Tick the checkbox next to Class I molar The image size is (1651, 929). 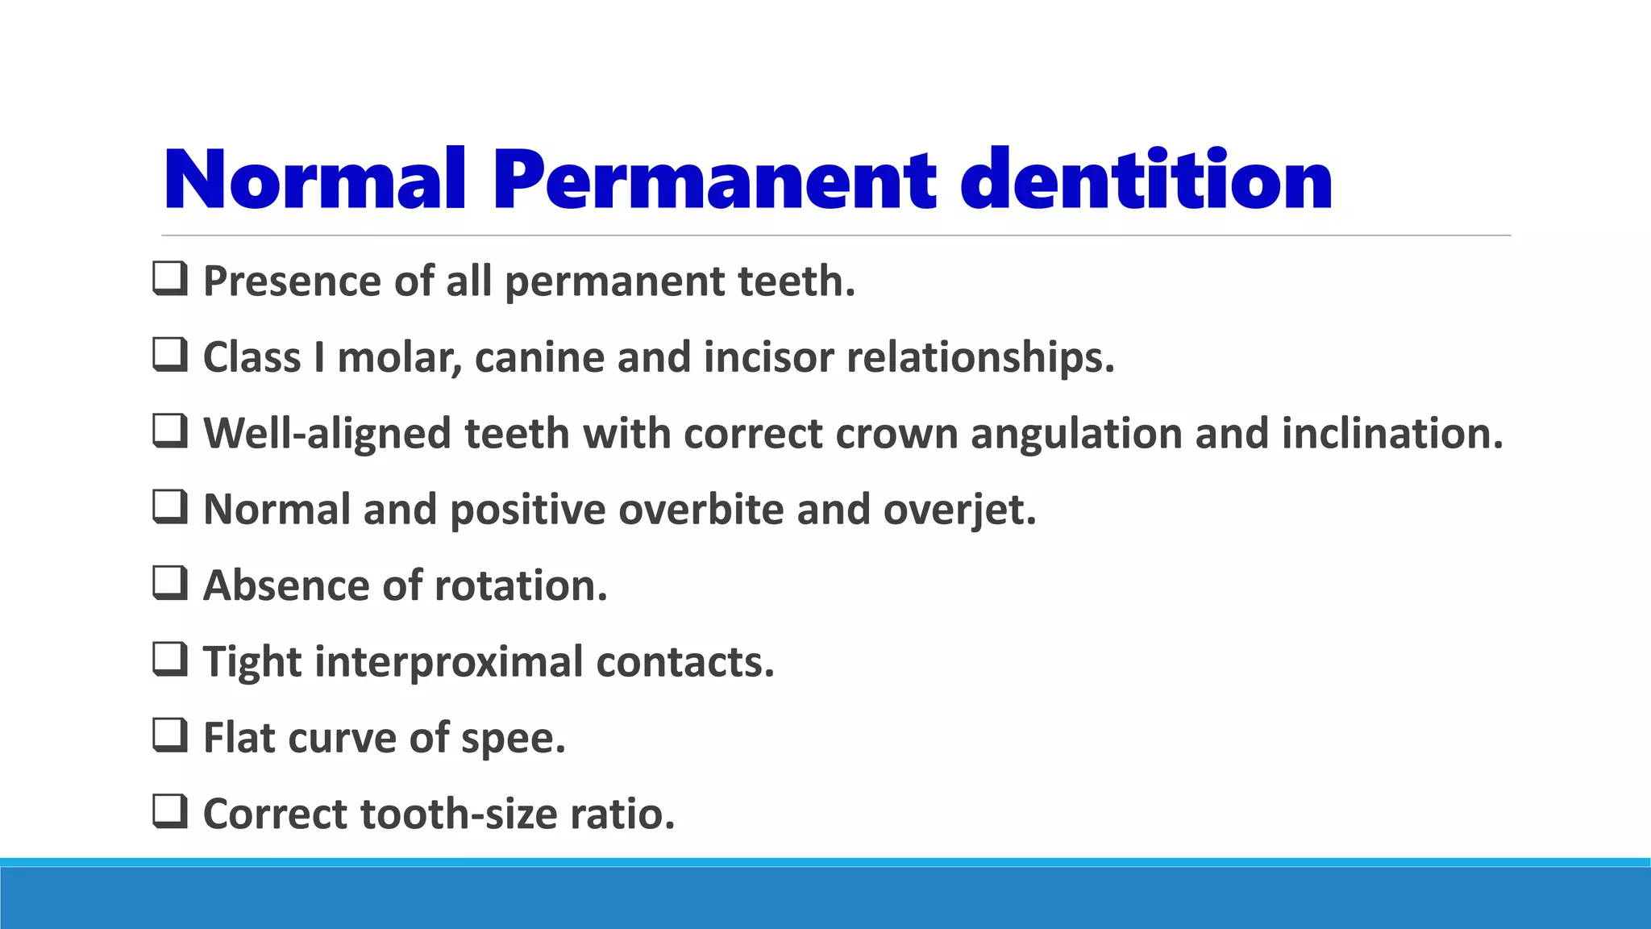coord(170,355)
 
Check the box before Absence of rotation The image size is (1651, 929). coord(170,583)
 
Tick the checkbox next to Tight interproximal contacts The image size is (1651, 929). coord(170,659)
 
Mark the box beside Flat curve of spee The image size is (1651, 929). coord(170,735)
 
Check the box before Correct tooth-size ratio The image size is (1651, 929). coord(170,811)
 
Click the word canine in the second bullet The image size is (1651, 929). coord(539,357)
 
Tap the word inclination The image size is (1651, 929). coord(1392,434)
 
